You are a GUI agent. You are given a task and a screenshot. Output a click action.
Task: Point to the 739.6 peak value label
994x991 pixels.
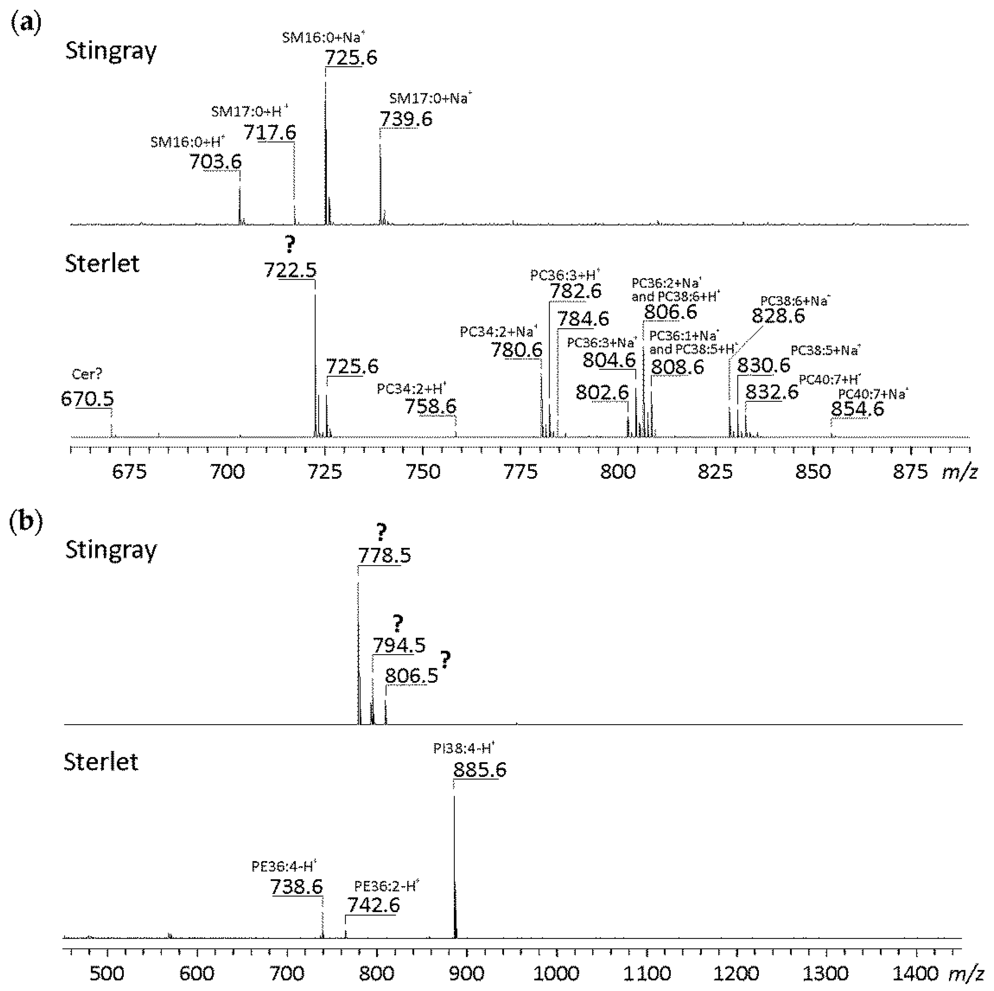(x=406, y=119)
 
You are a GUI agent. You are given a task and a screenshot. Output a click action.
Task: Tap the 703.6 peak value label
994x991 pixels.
(x=215, y=162)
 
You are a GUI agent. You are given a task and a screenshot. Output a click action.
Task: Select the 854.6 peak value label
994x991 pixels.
(x=857, y=409)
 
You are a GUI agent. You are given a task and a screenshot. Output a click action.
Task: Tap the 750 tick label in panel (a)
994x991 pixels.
(x=423, y=472)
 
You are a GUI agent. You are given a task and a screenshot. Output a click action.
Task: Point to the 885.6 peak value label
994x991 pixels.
(x=480, y=770)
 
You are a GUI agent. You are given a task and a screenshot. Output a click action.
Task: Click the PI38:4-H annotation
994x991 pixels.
(x=463, y=748)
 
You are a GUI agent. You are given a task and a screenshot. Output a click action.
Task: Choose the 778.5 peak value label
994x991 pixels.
(x=384, y=555)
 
